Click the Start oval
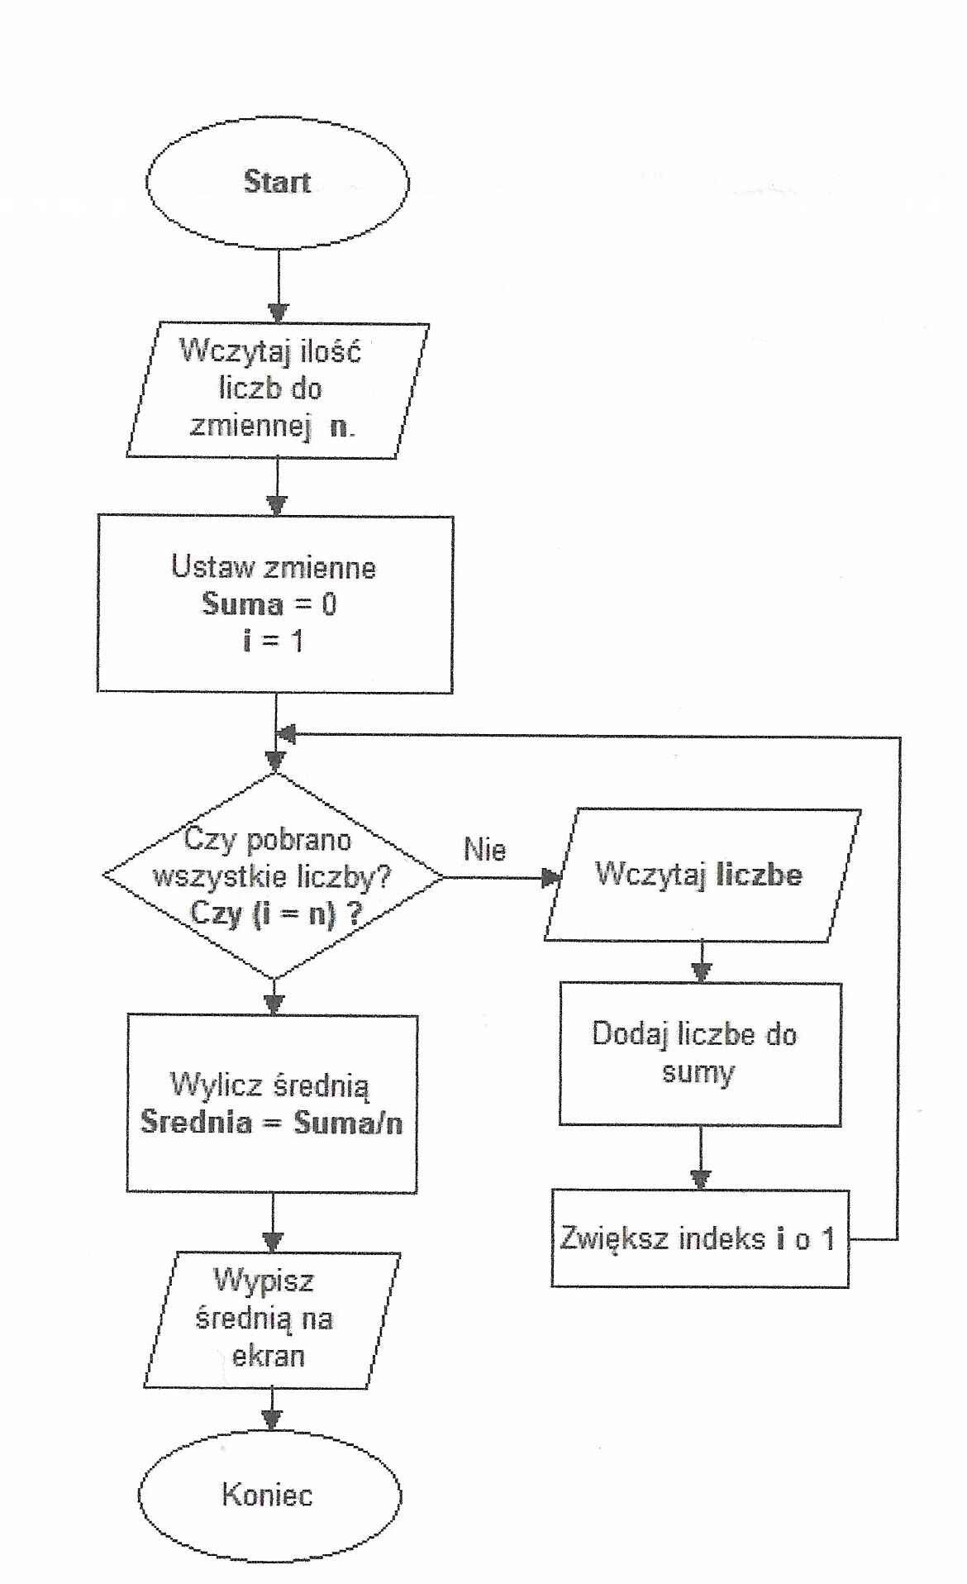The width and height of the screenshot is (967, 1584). tap(277, 183)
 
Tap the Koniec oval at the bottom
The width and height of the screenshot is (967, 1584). tap(269, 1496)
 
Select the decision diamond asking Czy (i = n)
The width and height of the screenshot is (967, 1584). tap(274, 876)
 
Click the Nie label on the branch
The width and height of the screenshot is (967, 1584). tap(485, 850)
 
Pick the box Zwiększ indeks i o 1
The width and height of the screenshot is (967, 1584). tap(699, 1238)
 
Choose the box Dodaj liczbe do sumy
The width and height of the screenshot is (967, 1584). tap(699, 1054)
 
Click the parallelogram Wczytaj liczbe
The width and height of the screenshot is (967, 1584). tap(701, 875)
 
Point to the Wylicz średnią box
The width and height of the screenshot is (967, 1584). tap(272, 1104)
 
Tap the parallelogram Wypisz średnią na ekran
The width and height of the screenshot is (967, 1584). tap(270, 1320)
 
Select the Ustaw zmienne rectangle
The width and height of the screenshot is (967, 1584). tap(274, 604)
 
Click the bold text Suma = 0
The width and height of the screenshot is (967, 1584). tap(269, 604)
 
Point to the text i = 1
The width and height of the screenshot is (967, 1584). tap(274, 641)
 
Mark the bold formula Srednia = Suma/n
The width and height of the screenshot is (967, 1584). tap(272, 1123)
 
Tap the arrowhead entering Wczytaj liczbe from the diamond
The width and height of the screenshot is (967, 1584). tap(550, 877)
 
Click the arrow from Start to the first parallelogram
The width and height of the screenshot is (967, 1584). tap(279, 285)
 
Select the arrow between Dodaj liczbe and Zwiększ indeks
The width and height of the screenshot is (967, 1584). tap(701, 1157)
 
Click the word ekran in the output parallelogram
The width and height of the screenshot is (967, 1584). tap(269, 1357)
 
